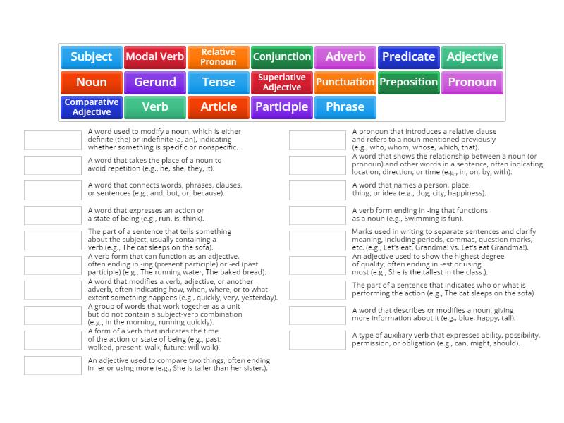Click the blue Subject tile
click(92, 57)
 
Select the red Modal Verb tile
click(155, 57)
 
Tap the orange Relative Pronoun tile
click(219, 57)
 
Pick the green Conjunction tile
click(282, 57)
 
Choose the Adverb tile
click(345, 57)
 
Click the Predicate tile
click(408, 57)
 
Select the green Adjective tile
click(472, 57)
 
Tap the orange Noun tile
click(92, 82)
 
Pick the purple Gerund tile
click(155, 82)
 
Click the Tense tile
click(219, 82)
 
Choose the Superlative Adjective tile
click(282, 82)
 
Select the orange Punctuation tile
click(345, 82)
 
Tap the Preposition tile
click(408, 82)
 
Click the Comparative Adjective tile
click(92, 107)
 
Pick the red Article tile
click(219, 107)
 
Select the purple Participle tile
click(282, 107)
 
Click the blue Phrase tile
click(345, 107)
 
